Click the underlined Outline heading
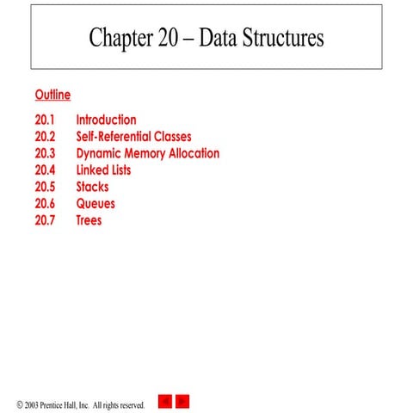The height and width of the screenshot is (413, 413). (52, 95)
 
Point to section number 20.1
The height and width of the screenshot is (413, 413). (45, 120)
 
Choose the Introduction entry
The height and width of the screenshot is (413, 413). (106, 120)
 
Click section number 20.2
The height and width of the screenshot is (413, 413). (46, 137)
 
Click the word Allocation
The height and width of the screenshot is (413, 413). (190, 154)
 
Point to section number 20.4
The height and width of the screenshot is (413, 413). (46, 170)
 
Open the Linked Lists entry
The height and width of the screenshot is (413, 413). (103, 170)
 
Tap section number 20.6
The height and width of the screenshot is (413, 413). (46, 204)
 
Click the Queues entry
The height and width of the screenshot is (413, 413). (96, 204)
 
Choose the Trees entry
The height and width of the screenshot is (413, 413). (89, 220)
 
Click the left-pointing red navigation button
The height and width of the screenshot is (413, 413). (164, 401)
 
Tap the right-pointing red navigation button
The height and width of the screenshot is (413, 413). (182, 401)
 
